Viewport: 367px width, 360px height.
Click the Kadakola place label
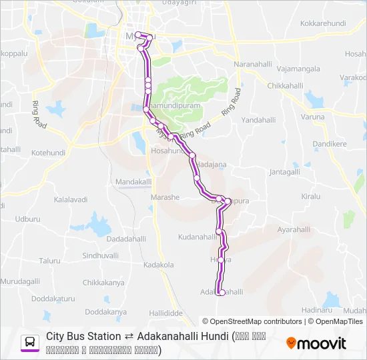158,265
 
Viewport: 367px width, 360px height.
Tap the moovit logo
316,343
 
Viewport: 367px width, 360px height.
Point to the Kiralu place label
311,197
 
